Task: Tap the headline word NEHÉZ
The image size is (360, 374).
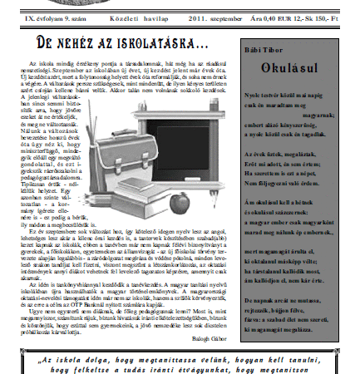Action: (x=76, y=43)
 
